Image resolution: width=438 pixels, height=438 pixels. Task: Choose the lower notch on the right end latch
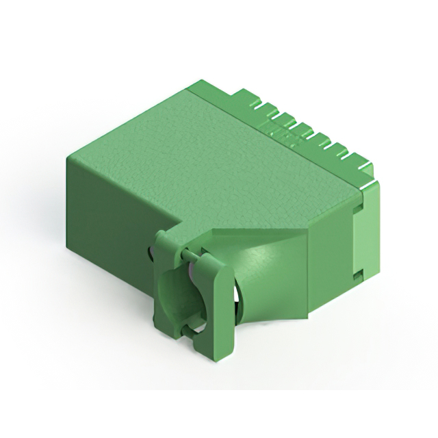pyautogui.click(x=358, y=275)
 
